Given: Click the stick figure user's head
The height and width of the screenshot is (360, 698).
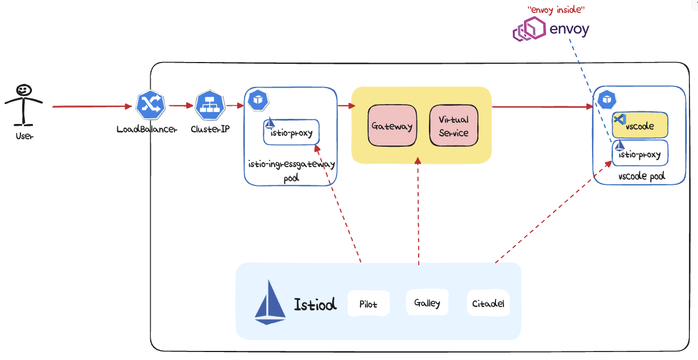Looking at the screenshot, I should pos(23,90).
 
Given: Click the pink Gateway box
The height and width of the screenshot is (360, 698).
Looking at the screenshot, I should pos(392,126).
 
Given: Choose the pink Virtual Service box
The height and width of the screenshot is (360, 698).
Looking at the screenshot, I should pos(453,126).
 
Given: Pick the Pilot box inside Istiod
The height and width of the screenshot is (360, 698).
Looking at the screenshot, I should pos(368,304).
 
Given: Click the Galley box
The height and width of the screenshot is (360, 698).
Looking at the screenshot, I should pos(427,303).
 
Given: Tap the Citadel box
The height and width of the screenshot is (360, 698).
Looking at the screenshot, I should pos(488,304).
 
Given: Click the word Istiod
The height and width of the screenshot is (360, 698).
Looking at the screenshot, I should pos(315,304).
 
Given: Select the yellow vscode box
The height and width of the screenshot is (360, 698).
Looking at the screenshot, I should pos(640,126).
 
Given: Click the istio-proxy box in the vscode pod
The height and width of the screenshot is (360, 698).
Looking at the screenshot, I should pos(640,154).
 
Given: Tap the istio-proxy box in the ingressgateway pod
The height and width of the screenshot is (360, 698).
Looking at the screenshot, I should pos(291,133).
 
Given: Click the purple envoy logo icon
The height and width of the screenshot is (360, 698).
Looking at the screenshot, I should pos(529,29).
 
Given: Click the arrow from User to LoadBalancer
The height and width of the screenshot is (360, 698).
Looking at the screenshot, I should pos(91,106).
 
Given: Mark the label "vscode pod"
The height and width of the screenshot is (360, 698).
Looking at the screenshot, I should pos(641,177).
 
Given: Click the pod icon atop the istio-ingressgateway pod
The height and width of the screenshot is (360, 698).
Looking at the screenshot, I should pos(259,100).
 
